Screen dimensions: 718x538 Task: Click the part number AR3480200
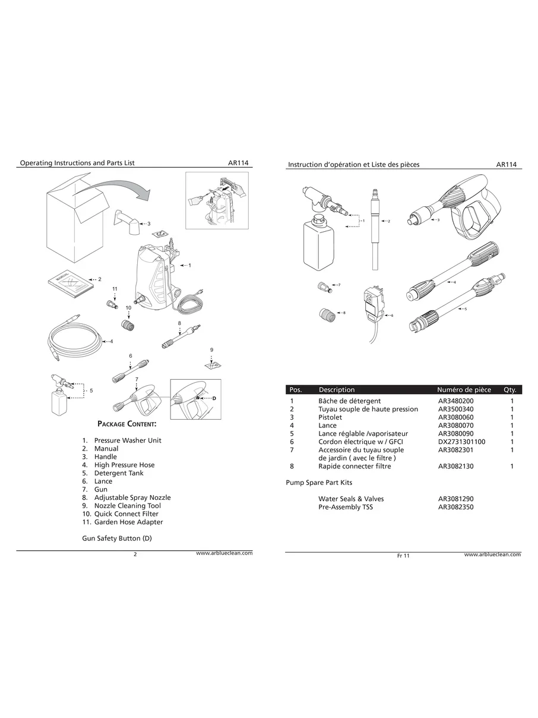click(x=456, y=401)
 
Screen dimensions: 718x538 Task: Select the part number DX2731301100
click(x=461, y=442)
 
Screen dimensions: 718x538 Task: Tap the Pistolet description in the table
click(x=330, y=417)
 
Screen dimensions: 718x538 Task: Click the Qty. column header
click(x=509, y=390)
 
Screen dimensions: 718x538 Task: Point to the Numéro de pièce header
click(x=464, y=390)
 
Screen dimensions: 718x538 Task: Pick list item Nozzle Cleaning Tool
click(x=127, y=506)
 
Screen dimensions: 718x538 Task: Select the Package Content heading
click(x=126, y=424)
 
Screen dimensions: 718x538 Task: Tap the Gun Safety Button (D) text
click(x=117, y=538)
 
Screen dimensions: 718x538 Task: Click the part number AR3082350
click(x=456, y=507)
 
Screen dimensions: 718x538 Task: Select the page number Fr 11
click(x=403, y=556)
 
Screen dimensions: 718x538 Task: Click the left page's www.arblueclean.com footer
click(x=224, y=553)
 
